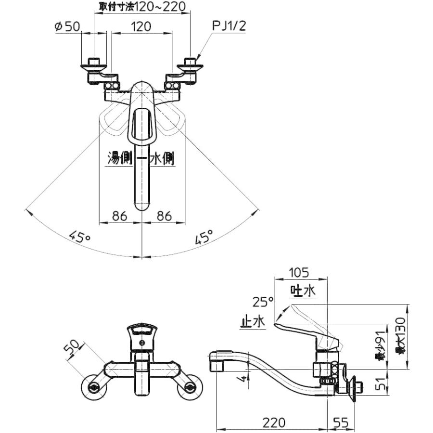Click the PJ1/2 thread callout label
click(x=229, y=26)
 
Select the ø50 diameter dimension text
click(x=67, y=26)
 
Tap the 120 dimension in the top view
click(x=141, y=26)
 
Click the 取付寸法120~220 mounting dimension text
click(x=142, y=6)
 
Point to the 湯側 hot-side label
click(x=119, y=159)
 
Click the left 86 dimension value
click(x=119, y=216)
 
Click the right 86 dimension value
click(x=165, y=216)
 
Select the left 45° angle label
click(x=79, y=237)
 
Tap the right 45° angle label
click(x=204, y=237)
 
